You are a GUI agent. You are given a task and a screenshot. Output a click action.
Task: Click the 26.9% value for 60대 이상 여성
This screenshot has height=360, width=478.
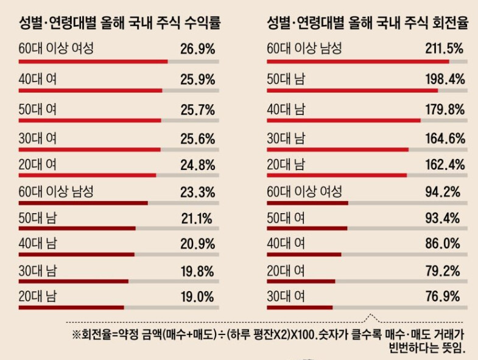[x=197, y=49]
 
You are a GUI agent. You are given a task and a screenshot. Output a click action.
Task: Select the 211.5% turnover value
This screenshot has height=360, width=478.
[x=445, y=49]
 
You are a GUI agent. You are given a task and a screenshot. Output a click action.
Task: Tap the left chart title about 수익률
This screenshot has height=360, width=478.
[x=119, y=24]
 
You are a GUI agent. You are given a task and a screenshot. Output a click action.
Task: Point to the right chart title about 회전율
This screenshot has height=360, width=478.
[x=367, y=24]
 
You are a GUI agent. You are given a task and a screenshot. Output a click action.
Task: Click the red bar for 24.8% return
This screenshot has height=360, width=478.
[x=88, y=175]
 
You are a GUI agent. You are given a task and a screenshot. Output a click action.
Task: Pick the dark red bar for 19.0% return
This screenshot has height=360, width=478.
[x=71, y=308]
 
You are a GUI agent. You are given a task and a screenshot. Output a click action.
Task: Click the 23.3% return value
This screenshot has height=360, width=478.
[x=197, y=192]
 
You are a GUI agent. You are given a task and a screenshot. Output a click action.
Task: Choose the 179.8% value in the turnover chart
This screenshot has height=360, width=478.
[x=445, y=110]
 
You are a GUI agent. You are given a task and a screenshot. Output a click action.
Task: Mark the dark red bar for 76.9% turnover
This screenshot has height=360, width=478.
[x=300, y=308]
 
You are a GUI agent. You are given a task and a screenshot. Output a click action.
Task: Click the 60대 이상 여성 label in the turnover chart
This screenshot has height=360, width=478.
[x=305, y=192]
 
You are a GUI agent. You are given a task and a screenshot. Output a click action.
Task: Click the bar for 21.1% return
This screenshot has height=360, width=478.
[x=77, y=228]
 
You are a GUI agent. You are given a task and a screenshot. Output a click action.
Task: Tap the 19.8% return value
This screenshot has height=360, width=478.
[x=197, y=270]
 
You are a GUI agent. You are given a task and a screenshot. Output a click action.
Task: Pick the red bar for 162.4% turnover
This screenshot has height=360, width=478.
[x=337, y=175]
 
